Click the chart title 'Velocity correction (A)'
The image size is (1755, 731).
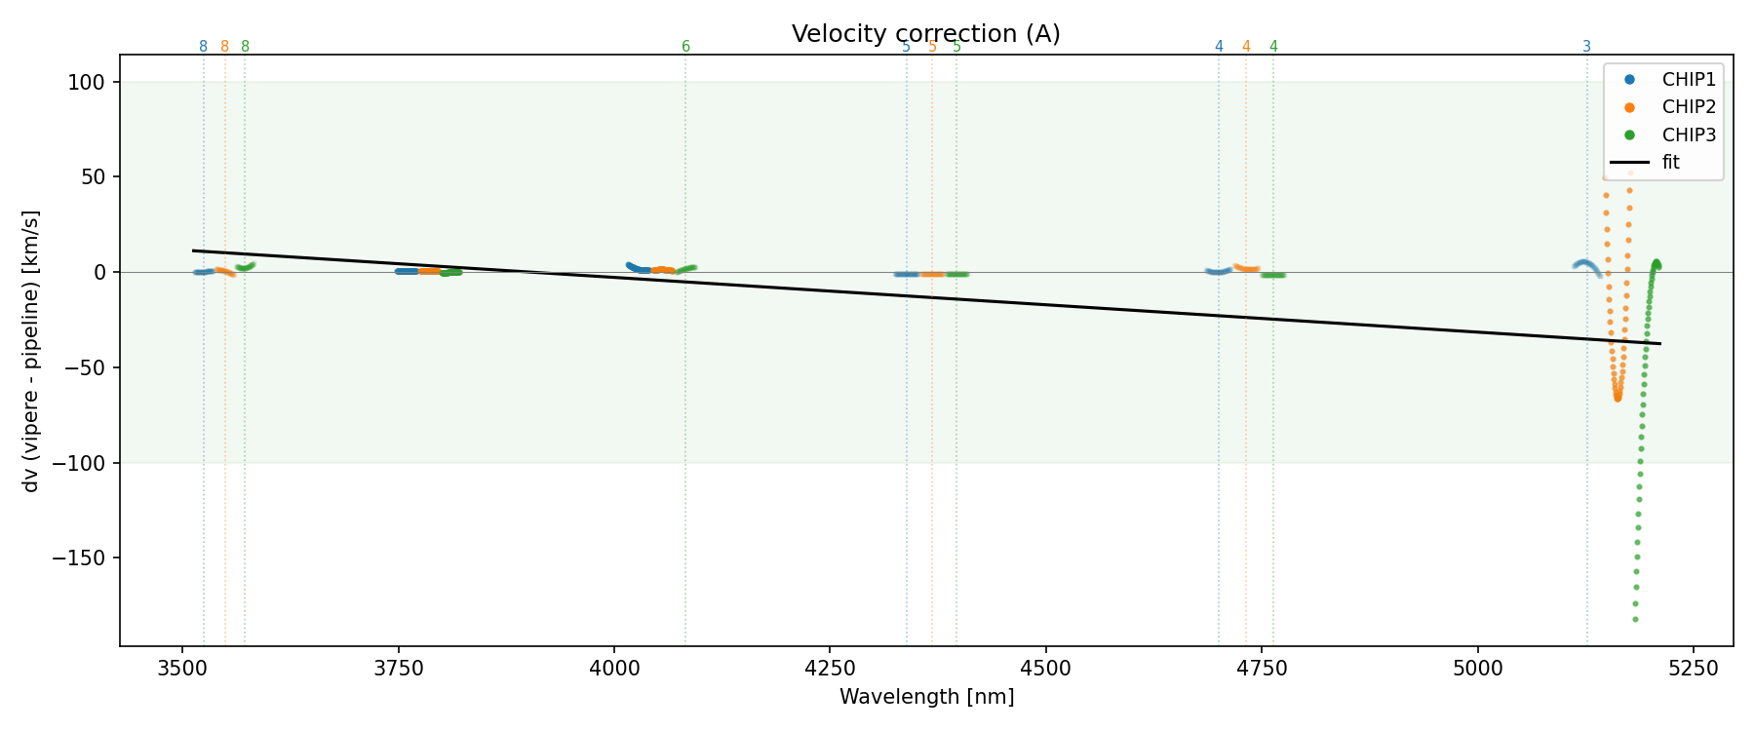[925, 34]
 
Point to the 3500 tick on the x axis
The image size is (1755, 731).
[182, 668]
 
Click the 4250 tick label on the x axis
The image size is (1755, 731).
[829, 668]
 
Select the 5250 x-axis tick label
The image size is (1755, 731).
[1693, 668]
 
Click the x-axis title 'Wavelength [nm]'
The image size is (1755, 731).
[926, 697]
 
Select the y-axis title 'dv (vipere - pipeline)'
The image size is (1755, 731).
[31, 350]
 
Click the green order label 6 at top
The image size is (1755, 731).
[685, 47]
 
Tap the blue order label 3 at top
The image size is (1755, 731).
[1586, 47]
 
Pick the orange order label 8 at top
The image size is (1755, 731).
[224, 47]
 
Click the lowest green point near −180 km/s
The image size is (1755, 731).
[1635, 619]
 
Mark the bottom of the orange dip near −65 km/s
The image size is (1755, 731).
[1618, 398]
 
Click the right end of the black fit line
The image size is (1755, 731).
[1659, 343]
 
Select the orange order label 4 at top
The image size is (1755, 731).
[1246, 47]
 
